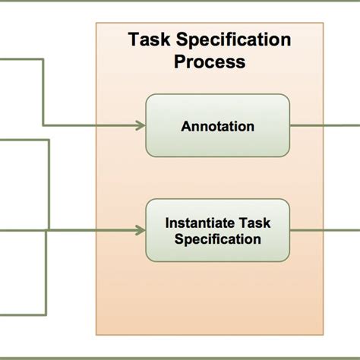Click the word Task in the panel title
point(150,39)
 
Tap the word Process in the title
point(210,62)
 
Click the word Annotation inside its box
point(217,127)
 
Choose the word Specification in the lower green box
point(217,239)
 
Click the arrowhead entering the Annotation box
point(141,125)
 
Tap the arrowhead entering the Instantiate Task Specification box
point(141,229)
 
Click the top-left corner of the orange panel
point(97,23)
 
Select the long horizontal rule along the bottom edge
point(180,356)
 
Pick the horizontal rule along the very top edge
point(180,2)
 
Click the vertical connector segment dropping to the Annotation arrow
point(43,91)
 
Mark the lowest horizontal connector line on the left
point(23,311)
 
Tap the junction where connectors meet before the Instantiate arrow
point(48,229)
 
